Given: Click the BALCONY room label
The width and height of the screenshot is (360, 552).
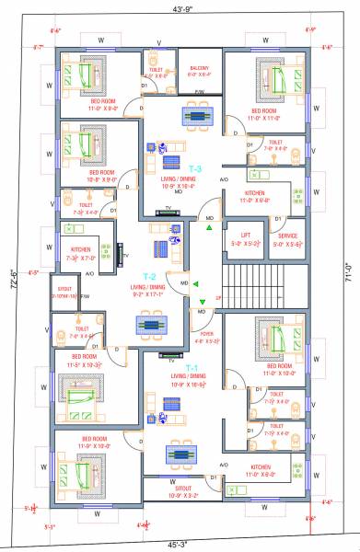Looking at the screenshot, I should tap(199, 68).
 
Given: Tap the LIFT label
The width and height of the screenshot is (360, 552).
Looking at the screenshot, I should tap(245, 235).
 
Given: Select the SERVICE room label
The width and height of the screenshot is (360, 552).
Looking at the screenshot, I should tap(286, 235).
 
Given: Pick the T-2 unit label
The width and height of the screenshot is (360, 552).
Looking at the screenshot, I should tap(149, 276).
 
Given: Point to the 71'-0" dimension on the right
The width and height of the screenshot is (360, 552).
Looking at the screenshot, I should tap(350, 274).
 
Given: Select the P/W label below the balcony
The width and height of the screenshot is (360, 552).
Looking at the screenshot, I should tap(200, 92).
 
